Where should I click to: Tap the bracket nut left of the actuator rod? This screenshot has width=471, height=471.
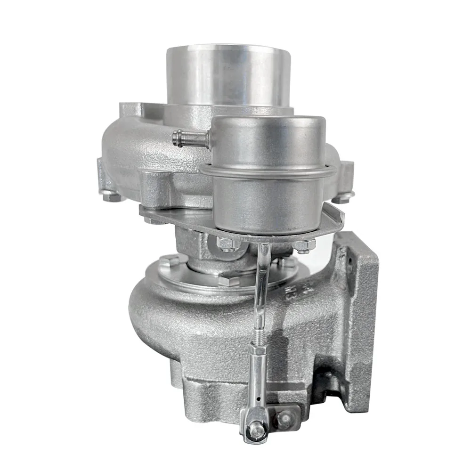pyautogui.click(x=226, y=244)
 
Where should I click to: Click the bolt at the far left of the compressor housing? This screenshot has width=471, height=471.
pyautogui.click(x=109, y=197)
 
